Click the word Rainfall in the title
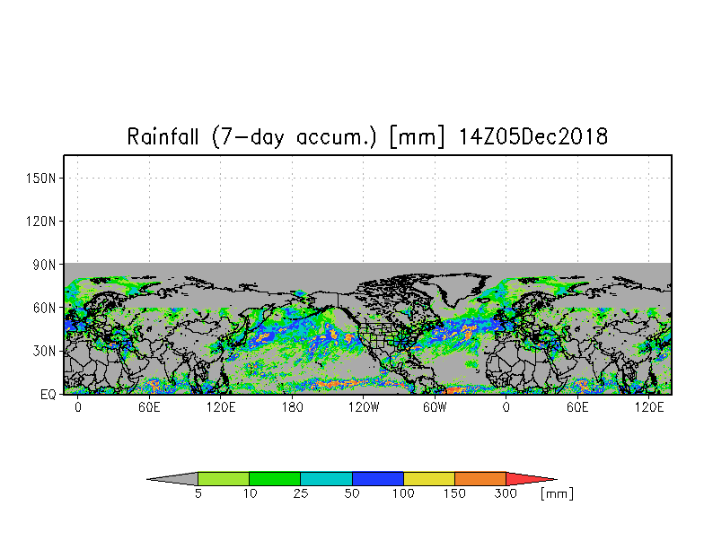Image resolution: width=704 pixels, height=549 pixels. point(162,136)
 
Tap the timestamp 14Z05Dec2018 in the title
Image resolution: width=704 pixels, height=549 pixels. point(533,136)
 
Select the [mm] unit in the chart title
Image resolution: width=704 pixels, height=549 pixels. point(418,136)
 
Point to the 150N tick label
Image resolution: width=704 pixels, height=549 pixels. point(41,179)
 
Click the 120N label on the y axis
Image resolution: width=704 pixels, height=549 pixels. point(41,222)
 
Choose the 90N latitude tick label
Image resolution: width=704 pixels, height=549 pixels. point(45,265)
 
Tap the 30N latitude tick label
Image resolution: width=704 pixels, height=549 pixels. point(45,351)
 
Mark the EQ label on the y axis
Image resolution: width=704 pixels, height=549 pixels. point(48,395)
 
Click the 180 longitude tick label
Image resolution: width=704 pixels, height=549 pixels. point(293,407)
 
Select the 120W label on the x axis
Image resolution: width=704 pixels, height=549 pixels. point(364,407)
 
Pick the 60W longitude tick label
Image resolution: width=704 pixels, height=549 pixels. point(435,407)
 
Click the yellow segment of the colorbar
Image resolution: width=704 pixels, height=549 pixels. point(429,479)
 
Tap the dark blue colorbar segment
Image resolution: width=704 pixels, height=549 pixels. point(377,479)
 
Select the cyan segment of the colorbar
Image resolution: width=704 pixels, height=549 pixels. point(326,479)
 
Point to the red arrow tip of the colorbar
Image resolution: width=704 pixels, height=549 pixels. point(557,479)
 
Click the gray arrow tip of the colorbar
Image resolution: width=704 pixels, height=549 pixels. point(147,479)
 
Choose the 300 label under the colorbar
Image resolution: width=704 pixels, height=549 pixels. point(506,493)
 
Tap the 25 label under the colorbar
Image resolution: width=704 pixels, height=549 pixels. point(300,493)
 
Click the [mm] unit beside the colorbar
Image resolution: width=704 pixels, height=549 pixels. point(557,493)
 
